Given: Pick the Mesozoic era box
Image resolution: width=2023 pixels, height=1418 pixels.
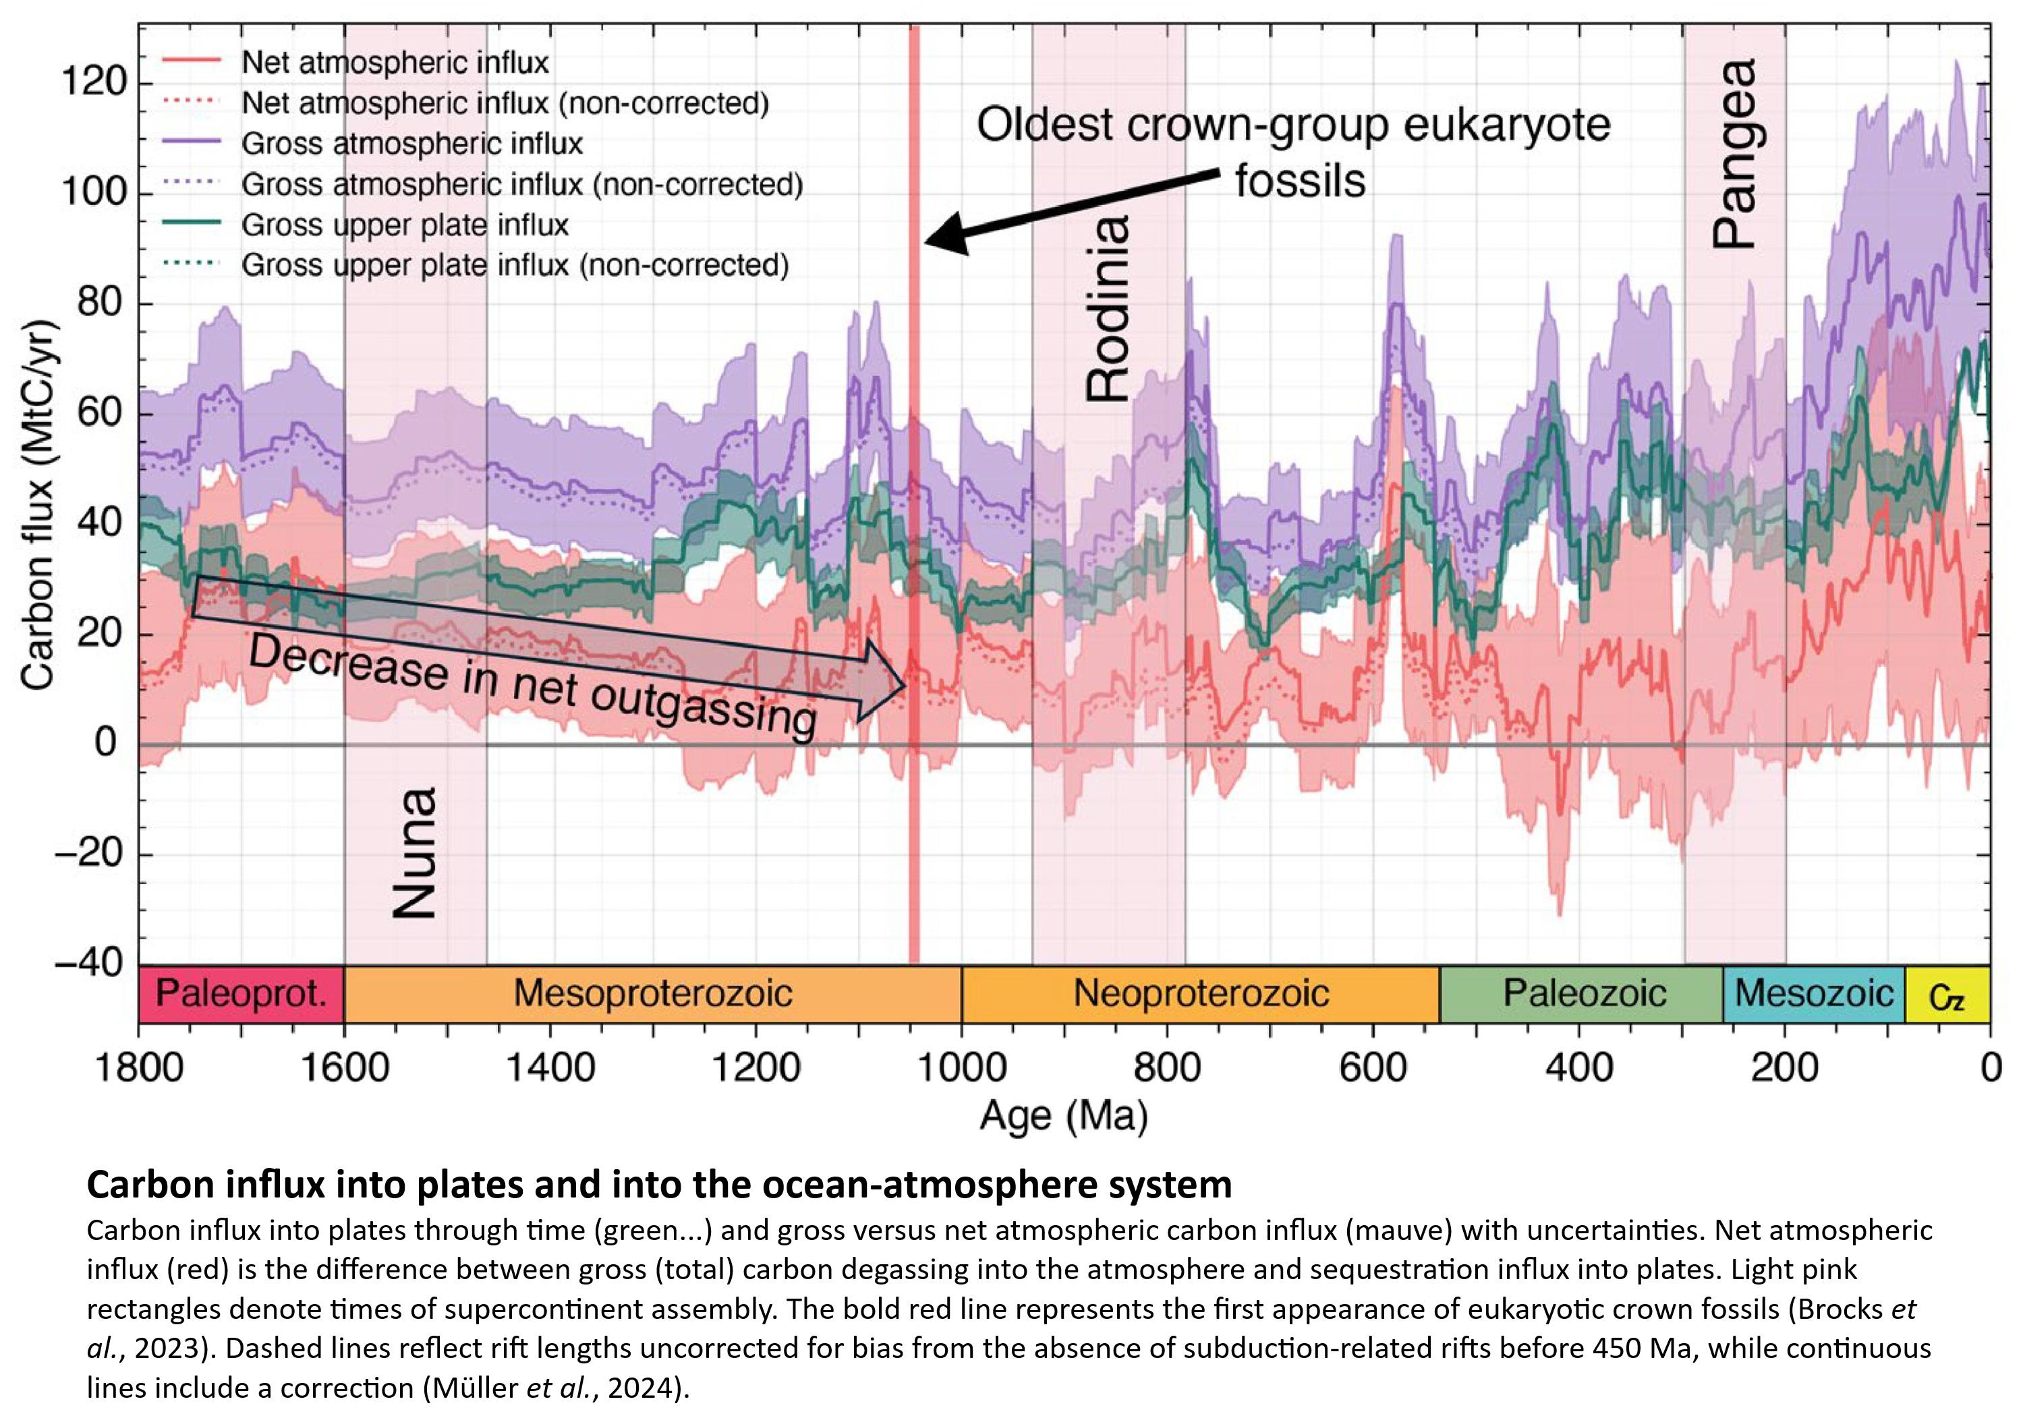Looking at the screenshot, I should pos(1813,993).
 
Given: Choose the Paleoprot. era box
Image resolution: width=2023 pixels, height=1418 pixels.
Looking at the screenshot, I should pos(241,993).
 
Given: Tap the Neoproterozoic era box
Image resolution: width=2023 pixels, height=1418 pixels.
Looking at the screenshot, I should pos(1200,993).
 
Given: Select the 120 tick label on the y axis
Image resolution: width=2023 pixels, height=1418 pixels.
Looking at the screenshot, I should pos(93,83).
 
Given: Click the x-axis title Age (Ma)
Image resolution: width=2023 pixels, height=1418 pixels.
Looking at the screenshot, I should pos(1064,1117).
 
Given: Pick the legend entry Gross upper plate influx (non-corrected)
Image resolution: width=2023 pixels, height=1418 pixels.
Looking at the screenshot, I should pos(515,265).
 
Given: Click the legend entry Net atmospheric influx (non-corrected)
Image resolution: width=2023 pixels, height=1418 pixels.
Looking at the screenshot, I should pos(505,103).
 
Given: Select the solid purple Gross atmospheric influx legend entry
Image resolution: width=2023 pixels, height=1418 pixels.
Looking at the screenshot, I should pos(411,144).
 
